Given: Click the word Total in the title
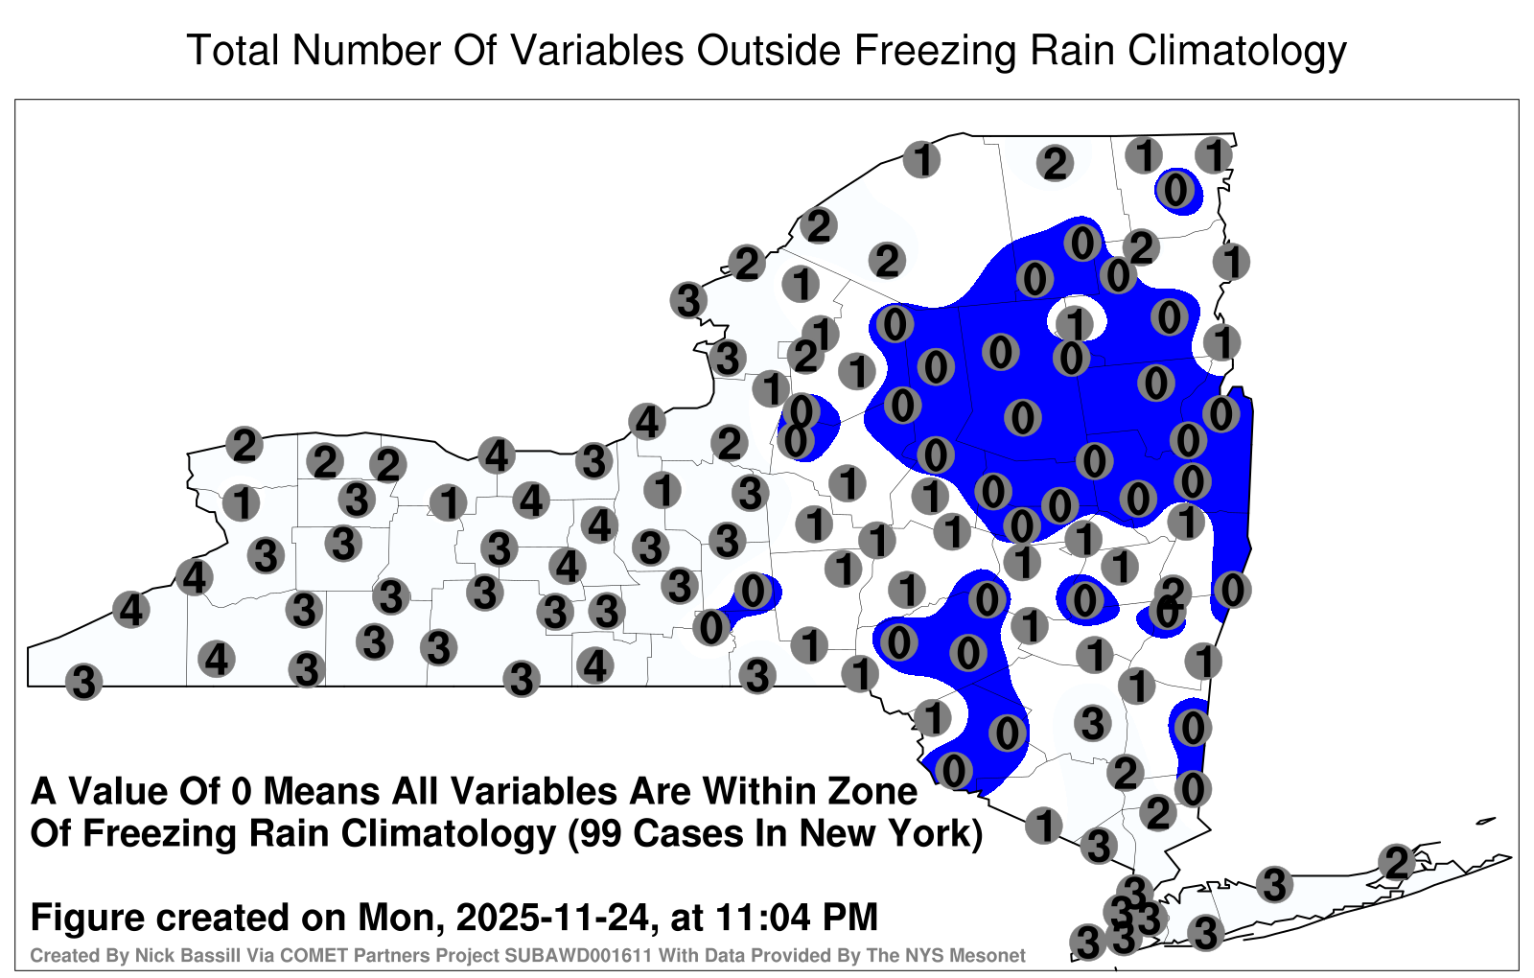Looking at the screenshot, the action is tap(233, 51).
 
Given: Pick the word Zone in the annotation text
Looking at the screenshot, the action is tap(873, 792).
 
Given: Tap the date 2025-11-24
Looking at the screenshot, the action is tap(551, 917).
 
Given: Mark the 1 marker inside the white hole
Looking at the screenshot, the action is tap(1075, 322).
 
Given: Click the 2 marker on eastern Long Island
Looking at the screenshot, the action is tap(1397, 862).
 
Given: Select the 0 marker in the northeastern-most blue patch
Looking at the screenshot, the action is tap(1175, 190).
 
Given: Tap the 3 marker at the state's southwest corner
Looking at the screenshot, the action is tap(83, 682).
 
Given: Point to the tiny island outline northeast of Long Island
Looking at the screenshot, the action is tap(1486, 821).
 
